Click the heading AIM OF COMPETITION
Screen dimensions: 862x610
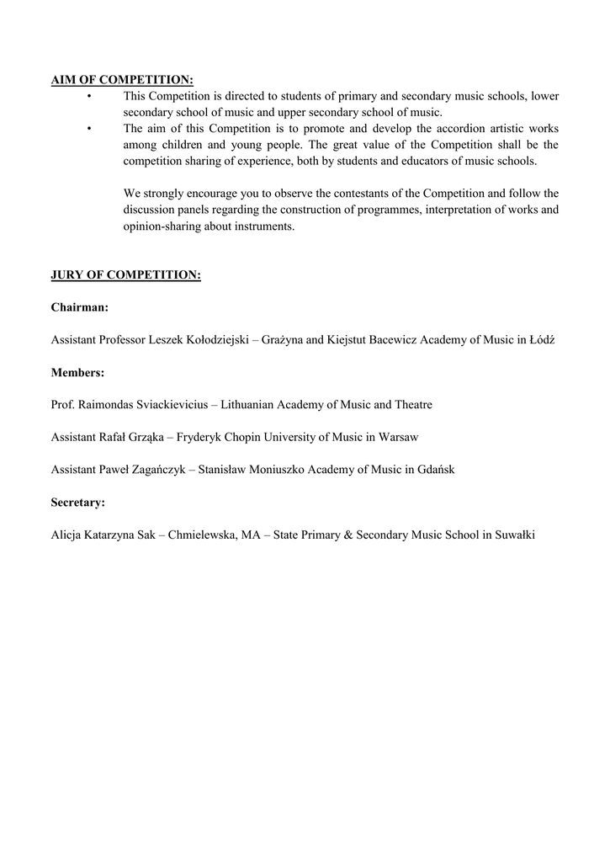pyautogui.click(x=122, y=80)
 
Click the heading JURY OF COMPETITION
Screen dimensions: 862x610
pyautogui.click(x=125, y=275)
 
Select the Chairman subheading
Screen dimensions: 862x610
pyautogui.click(x=80, y=307)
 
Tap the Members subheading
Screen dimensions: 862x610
pyautogui.click(x=78, y=372)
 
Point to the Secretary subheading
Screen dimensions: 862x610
pyautogui.click(x=78, y=502)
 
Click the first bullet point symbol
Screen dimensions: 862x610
pyautogui.click(x=88, y=97)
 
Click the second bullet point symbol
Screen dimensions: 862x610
pyautogui.click(x=88, y=129)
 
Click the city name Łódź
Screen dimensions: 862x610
pyautogui.click(x=542, y=340)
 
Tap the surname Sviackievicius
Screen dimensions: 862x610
pyautogui.click(x=171, y=405)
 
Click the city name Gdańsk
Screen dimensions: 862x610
pyautogui.click(x=436, y=470)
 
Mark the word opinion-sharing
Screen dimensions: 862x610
pyautogui.click(x=162, y=226)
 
